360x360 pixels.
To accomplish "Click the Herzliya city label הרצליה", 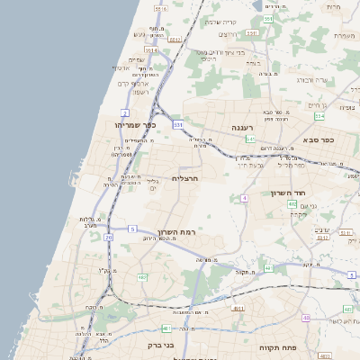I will pyautogui.click(x=185, y=179).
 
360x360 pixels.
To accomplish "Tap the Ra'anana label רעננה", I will pyautogui.click(x=243, y=128).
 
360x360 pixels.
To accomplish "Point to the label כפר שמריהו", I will pyautogui.click(x=137, y=125).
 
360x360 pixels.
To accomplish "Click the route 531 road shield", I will pyautogui.click(x=178, y=124).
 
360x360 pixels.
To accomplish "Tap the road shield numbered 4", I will pyautogui.click(x=244, y=197).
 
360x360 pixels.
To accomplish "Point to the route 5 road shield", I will pyautogui.click(x=132, y=229).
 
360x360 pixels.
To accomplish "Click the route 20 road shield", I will pyautogui.click(x=108, y=238).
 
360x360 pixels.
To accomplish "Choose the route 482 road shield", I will pyautogui.click(x=142, y=278).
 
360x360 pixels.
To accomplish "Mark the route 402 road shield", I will pyautogui.click(x=292, y=204).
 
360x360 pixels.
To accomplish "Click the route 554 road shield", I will pyautogui.click(x=319, y=116).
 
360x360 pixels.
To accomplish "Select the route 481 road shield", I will pyautogui.click(x=166, y=328).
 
